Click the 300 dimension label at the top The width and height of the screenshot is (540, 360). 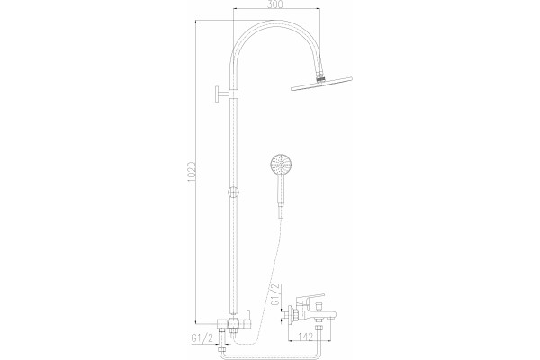(x=275, y=4)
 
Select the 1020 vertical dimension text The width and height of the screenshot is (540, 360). (x=193, y=171)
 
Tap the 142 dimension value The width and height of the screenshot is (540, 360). (x=305, y=336)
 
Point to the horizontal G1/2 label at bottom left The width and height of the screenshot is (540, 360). (x=202, y=338)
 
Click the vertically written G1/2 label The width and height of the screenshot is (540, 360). (x=276, y=294)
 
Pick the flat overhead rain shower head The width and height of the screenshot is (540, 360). (x=321, y=84)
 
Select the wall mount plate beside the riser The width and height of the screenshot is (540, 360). (x=218, y=94)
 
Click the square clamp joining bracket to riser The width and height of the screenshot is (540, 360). (x=234, y=94)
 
